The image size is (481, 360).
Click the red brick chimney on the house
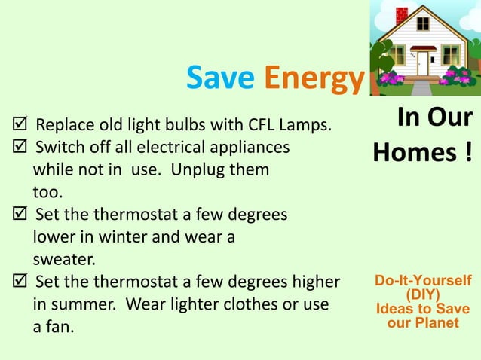[x=402, y=14]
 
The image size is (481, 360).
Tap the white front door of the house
[x=423, y=63]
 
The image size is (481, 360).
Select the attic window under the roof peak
[x=423, y=23]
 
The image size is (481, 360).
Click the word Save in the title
[x=219, y=78]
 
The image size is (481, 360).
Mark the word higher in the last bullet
[x=310, y=283]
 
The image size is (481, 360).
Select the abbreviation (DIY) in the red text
[x=423, y=295]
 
